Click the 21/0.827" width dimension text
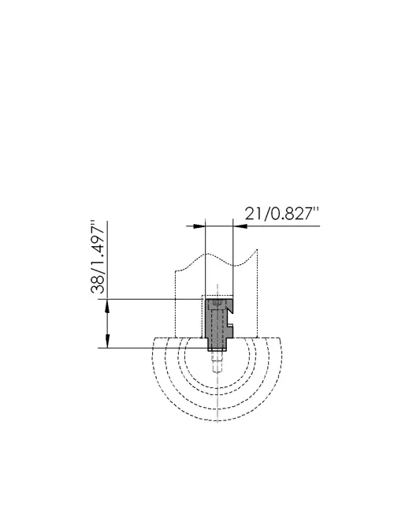pyautogui.click(x=281, y=214)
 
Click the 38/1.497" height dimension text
pyautogui.click(x=98, y=257)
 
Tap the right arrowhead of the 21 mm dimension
pyautogui.click(x=240, y=226)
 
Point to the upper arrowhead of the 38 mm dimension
pyautogui.click(x=108, y=305)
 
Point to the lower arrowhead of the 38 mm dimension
pyautogui.click(x=108, y=341)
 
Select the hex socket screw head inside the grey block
pyautogui.click(x=217, y=304)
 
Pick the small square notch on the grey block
pyautogui.click(x=230, y=325)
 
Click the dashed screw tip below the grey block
pyautogui.click(x=217, y=363)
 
